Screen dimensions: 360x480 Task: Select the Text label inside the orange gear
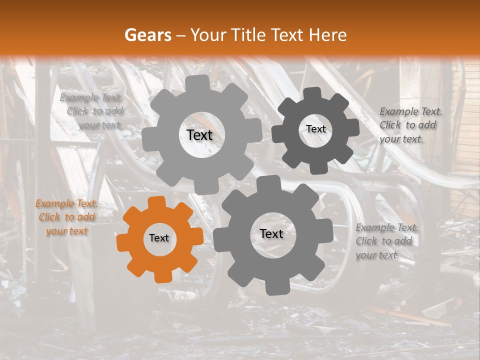tap(159, 238)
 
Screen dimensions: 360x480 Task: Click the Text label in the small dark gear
tap(315, 129)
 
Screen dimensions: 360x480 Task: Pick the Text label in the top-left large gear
tap(199, 135)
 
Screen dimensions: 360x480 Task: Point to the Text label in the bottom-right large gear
tap(271, 234)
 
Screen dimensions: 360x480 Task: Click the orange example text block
tap(67, 217)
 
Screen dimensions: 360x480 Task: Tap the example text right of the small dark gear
tap(408, 125)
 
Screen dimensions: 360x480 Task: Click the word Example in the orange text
tap(51, 204)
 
